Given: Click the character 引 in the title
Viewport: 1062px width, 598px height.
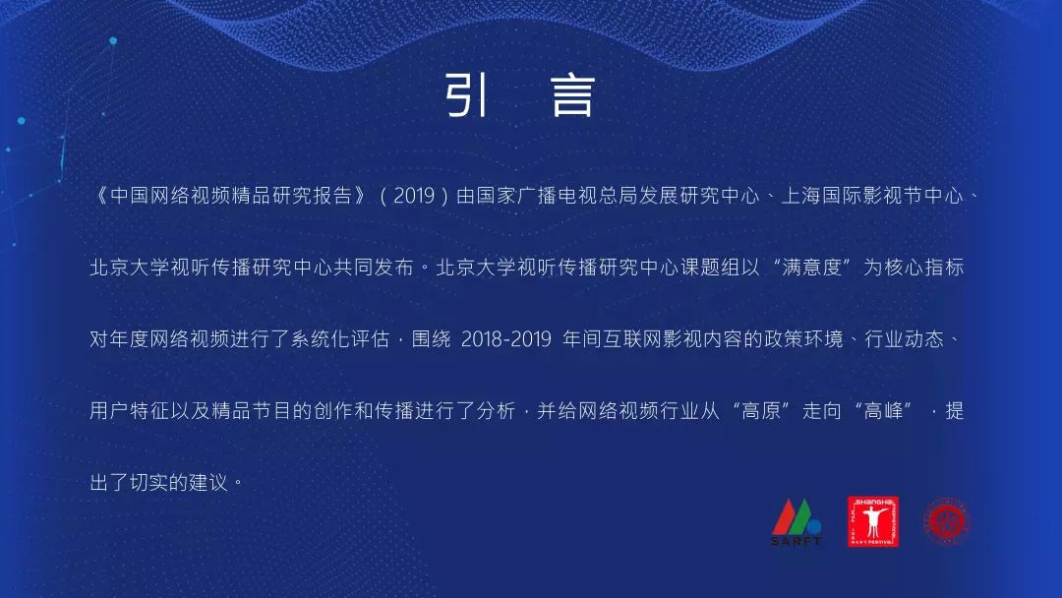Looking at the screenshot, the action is (x=467, y=95).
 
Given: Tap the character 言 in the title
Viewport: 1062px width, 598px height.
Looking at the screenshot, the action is (x=573, y=95).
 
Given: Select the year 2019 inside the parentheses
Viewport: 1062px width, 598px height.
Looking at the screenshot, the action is (x=414, y=197).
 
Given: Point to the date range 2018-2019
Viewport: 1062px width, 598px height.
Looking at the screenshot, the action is (x=506, y=338).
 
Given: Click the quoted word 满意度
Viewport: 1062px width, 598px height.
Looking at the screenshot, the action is (x=812, y=268).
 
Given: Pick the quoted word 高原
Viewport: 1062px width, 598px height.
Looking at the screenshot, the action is (x=762, y=411).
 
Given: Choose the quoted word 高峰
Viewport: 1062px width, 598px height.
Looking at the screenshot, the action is (x=884, y=411).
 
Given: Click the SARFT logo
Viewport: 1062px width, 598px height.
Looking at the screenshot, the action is (x=796, y=522).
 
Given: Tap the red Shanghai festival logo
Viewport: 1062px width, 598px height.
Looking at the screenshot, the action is (x=873, y=521).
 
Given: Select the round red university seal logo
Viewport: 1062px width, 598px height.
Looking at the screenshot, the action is (x=948, y=521).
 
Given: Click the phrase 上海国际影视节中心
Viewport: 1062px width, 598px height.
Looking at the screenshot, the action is (x=872, y=197).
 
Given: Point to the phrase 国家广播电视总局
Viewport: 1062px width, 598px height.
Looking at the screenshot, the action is (x=558, y=197).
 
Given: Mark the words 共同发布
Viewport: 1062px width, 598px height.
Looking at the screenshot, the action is (x=374, y=268).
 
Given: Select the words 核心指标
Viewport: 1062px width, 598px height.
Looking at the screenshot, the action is (x=923, y=268).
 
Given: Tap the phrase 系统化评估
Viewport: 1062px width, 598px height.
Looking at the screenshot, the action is (x=340, y=339).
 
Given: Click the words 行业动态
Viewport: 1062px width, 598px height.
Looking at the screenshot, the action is (x=905, y=339).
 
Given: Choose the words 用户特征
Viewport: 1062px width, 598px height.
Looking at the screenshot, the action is (x=130, y=411).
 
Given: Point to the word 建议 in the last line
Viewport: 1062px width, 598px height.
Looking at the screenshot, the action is (x=209, y=483).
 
